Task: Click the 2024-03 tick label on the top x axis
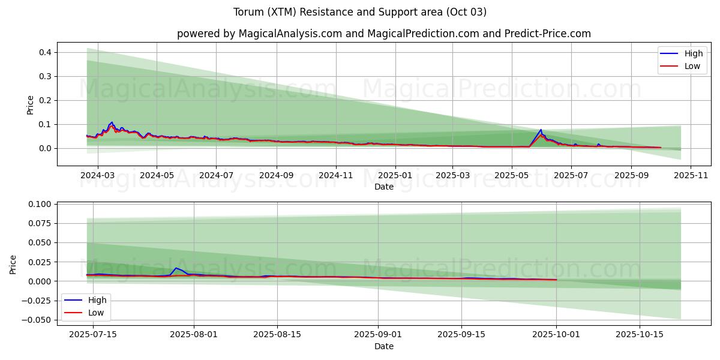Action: (97, 176)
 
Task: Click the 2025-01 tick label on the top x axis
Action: (395, 176)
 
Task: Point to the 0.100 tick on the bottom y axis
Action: (39, 204)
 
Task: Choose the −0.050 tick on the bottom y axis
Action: (37, 320)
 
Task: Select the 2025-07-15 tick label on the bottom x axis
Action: (93, 335)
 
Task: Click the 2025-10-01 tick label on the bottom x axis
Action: (556, 335)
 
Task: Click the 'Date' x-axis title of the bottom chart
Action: (384, 346)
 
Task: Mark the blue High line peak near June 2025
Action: (541, 130)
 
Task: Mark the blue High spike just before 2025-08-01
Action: (176, 268)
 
